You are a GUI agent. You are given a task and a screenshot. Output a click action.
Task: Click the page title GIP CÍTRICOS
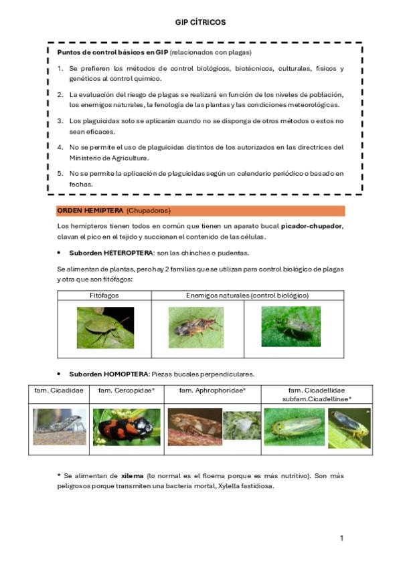point(200,23)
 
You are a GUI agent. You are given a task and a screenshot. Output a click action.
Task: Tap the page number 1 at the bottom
point(341,538)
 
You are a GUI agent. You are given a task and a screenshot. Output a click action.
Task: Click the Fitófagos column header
point(104,296)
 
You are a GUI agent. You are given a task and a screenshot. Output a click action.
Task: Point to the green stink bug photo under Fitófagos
point(105,328)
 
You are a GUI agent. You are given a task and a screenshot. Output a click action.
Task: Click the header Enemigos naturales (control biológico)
point(247,296)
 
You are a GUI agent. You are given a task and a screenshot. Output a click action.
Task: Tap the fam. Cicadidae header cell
point(59,390)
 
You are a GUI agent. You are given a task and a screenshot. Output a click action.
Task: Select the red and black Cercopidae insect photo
point(127,427)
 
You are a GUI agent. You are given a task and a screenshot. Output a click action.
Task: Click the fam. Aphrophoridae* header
point(212,390)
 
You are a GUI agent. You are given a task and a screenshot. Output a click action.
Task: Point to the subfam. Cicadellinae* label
point(317,399)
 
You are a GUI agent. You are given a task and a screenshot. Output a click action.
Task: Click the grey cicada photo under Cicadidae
point(60,427)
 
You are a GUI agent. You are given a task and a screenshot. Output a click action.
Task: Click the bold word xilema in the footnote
point(132,476)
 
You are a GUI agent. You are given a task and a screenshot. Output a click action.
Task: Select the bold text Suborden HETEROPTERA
point(111,253)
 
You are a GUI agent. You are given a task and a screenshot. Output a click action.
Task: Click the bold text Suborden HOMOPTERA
point(108,374)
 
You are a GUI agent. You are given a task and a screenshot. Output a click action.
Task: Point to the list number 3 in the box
point(60,121)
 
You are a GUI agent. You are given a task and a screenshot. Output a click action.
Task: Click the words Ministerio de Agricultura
point(109,158)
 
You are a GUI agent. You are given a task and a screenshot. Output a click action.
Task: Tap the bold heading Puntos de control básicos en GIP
point(112,52)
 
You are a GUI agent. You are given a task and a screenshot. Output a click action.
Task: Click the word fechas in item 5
point(81,185)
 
